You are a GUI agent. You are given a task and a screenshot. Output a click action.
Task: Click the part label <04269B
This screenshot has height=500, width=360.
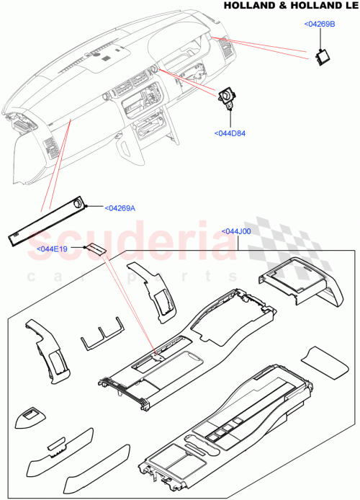320,24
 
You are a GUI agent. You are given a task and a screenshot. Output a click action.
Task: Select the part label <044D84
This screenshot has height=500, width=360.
230,133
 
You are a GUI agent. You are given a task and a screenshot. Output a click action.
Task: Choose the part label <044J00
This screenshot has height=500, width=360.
237,232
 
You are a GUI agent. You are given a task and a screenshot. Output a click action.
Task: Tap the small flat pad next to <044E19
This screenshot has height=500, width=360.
96,249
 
